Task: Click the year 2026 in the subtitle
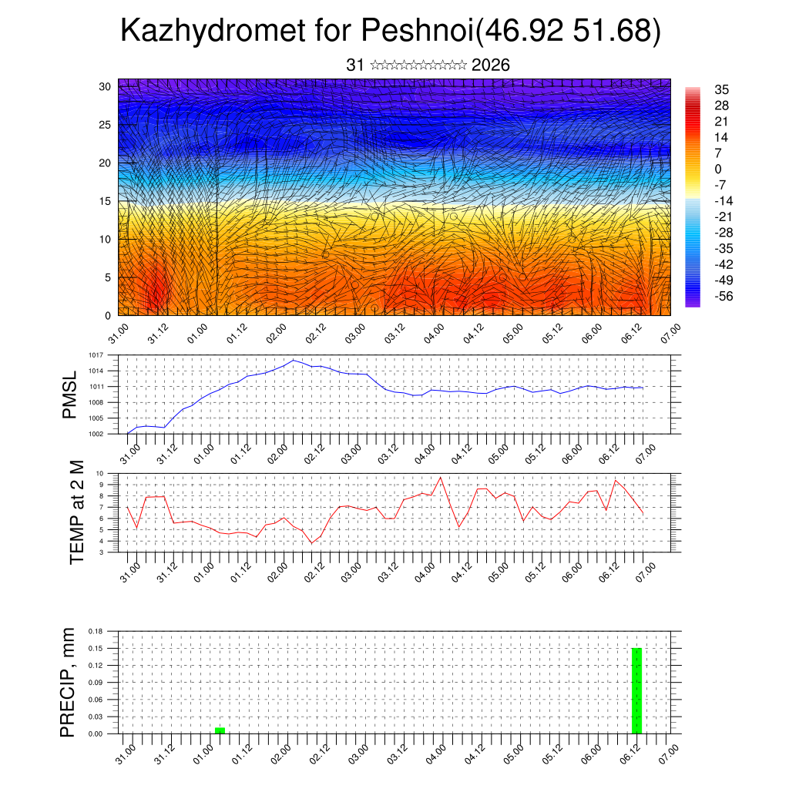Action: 490,65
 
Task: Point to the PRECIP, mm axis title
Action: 69,682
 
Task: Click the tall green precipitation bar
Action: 636,691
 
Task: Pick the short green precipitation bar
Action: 220,730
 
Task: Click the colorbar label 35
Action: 721,90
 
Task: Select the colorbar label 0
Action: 718,169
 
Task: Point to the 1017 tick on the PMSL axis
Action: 96,355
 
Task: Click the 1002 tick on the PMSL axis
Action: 96,434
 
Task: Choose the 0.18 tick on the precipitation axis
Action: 96,631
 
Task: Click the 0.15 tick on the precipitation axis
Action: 96,648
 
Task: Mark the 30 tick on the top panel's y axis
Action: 104,86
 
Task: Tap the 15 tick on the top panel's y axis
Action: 104,201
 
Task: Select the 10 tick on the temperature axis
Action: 100,473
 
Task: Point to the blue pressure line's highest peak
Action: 294,360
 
